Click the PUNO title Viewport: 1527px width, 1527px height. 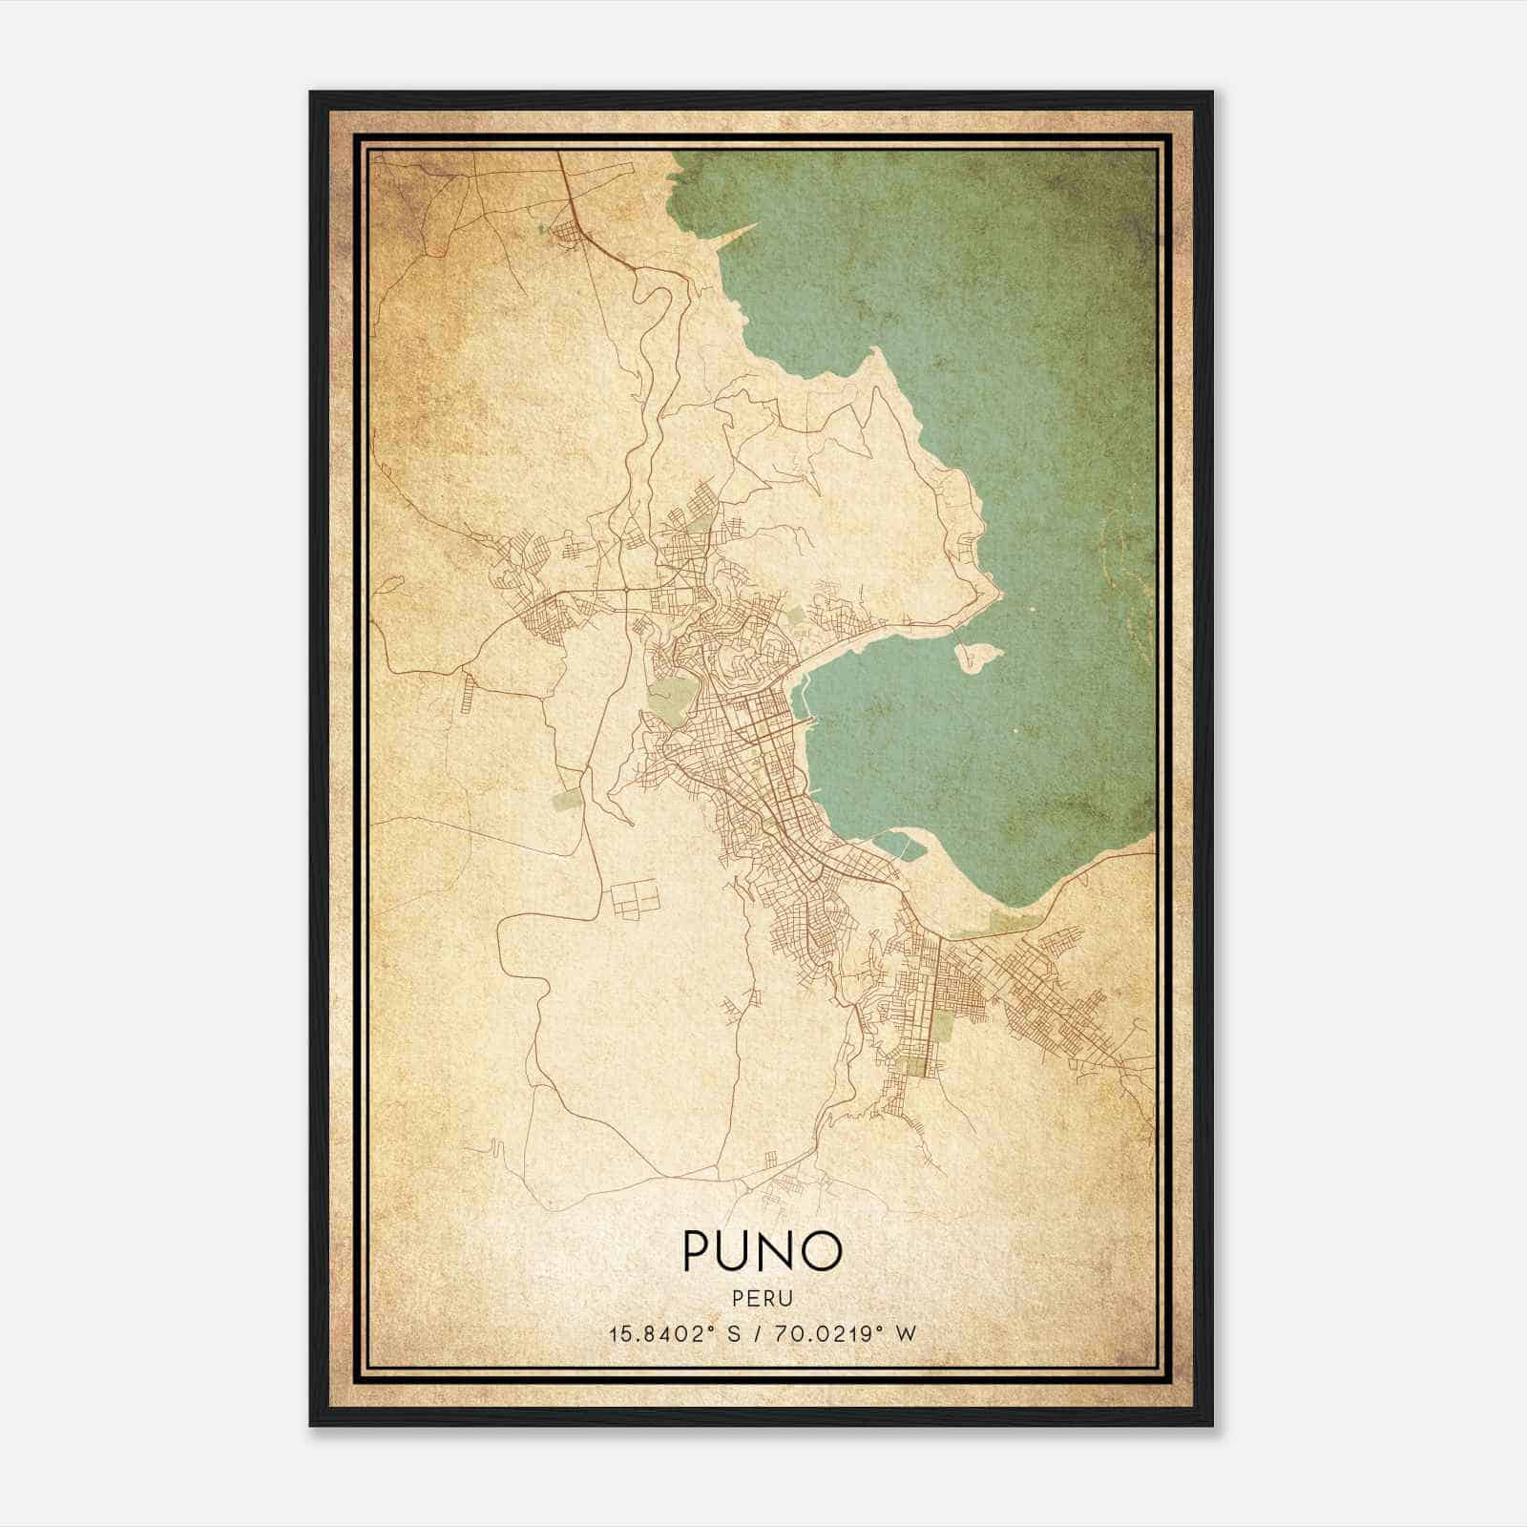coord(762,1249)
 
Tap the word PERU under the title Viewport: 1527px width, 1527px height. coord(762,1298)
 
